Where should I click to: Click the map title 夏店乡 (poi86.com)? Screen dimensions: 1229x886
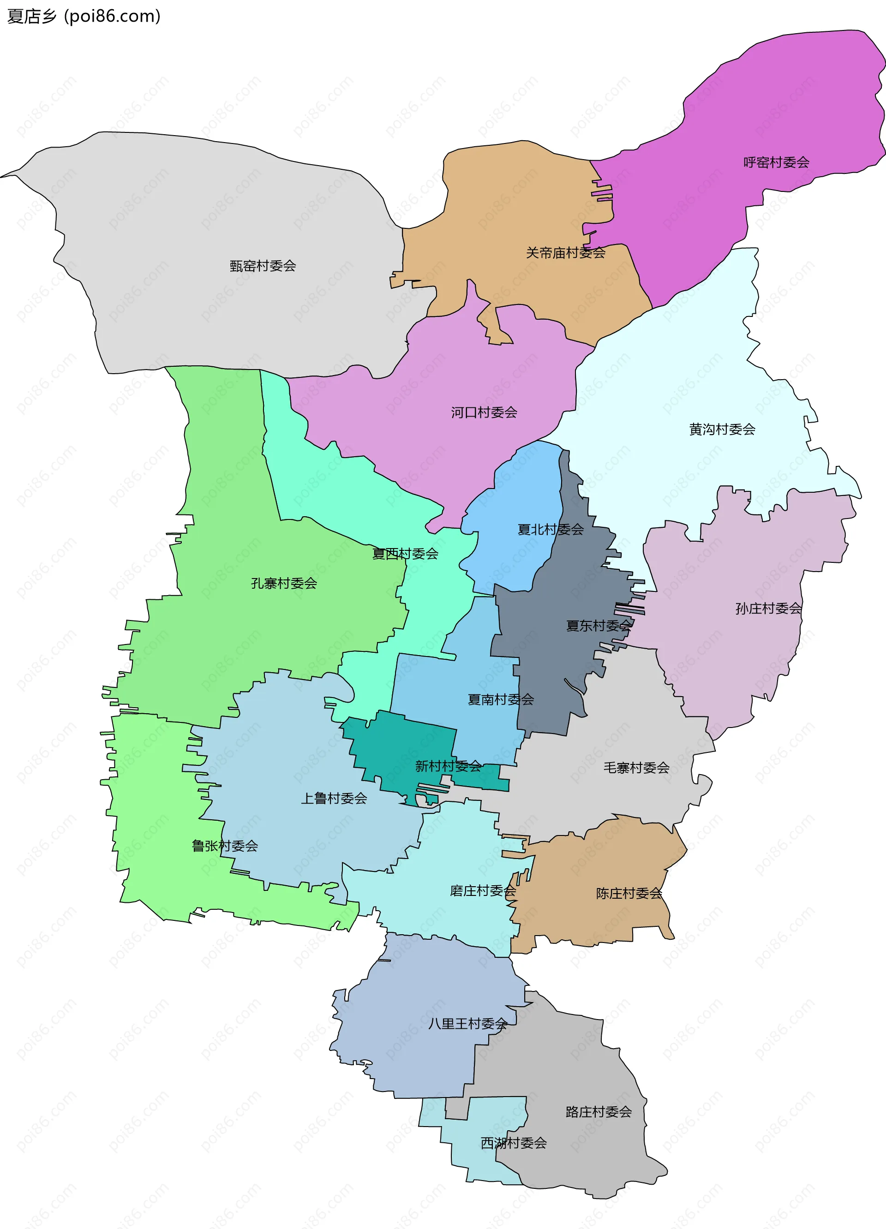(84, 16)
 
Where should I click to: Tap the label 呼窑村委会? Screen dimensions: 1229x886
(776, 162)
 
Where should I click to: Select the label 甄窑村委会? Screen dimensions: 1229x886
(263, 266)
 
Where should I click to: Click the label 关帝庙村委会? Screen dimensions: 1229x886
(565, 252)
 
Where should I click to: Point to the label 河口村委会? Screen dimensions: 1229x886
(484, 412)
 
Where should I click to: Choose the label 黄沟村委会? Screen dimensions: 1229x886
(722, 429)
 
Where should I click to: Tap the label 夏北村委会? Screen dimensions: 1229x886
(551, 530)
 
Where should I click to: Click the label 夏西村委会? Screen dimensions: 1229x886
(405, 553)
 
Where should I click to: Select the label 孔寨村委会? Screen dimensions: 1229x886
(283, 583)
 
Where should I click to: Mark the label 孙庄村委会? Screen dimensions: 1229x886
(768, 608)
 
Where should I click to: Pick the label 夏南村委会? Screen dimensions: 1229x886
(501, 699)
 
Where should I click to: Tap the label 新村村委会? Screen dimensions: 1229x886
(448, 766)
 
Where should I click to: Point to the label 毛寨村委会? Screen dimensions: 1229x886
(636, 767)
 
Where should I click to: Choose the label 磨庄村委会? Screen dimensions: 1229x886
(483, 890)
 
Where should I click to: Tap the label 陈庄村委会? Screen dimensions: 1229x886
(629, 893)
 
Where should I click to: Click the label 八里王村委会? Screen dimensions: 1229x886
(467, 1023)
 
